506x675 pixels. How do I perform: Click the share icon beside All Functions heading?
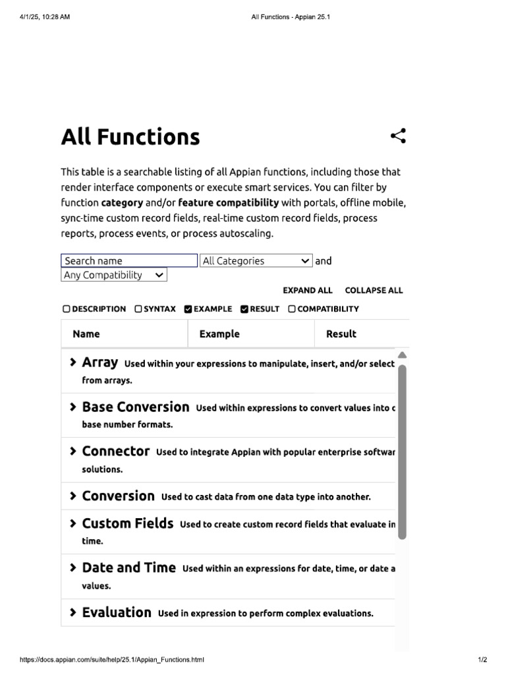[398, 136]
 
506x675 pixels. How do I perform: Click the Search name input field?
[129, 261]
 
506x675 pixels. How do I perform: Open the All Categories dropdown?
[256, 261]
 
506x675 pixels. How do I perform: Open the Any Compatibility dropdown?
[114, 276]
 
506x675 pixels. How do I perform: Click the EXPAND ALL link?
[308, 291]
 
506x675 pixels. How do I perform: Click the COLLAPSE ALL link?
[374, 291]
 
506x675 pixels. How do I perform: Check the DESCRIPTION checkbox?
[67, 309]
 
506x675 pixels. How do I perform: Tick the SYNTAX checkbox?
[138, 309]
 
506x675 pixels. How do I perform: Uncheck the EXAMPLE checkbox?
[188, 309]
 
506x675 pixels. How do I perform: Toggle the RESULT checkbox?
[244, 309]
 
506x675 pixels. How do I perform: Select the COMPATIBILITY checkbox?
[293, 309]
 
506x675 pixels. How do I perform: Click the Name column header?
[86, 334]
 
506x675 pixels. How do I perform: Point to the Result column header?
[341, 334]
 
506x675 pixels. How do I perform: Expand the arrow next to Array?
[72, 363]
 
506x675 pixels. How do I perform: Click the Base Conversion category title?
[135, 407]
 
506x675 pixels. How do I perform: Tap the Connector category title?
[115, 452]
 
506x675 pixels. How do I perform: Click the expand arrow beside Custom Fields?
[72, 524]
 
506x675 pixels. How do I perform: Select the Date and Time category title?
[128, 568]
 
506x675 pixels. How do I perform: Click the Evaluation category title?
[117, 612]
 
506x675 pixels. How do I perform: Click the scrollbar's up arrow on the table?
[403, 355]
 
